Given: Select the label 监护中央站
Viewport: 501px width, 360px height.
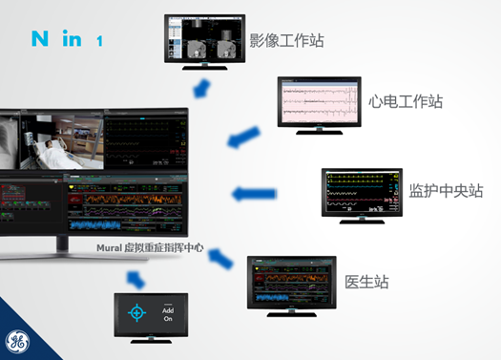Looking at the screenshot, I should coord(446,190).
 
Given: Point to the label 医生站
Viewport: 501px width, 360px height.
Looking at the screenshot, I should coord(366,282).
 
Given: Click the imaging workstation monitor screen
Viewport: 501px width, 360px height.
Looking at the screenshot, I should coord(204,38).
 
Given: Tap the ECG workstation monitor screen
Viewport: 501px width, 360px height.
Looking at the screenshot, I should coord(320,100).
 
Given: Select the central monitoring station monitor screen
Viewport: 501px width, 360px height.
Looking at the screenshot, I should coord(362,190).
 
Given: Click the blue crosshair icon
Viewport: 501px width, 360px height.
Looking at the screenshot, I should coord(139,313).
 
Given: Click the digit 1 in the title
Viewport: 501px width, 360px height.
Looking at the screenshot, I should coord(99,41).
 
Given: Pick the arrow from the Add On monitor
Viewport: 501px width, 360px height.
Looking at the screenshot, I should coord(136,279).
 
